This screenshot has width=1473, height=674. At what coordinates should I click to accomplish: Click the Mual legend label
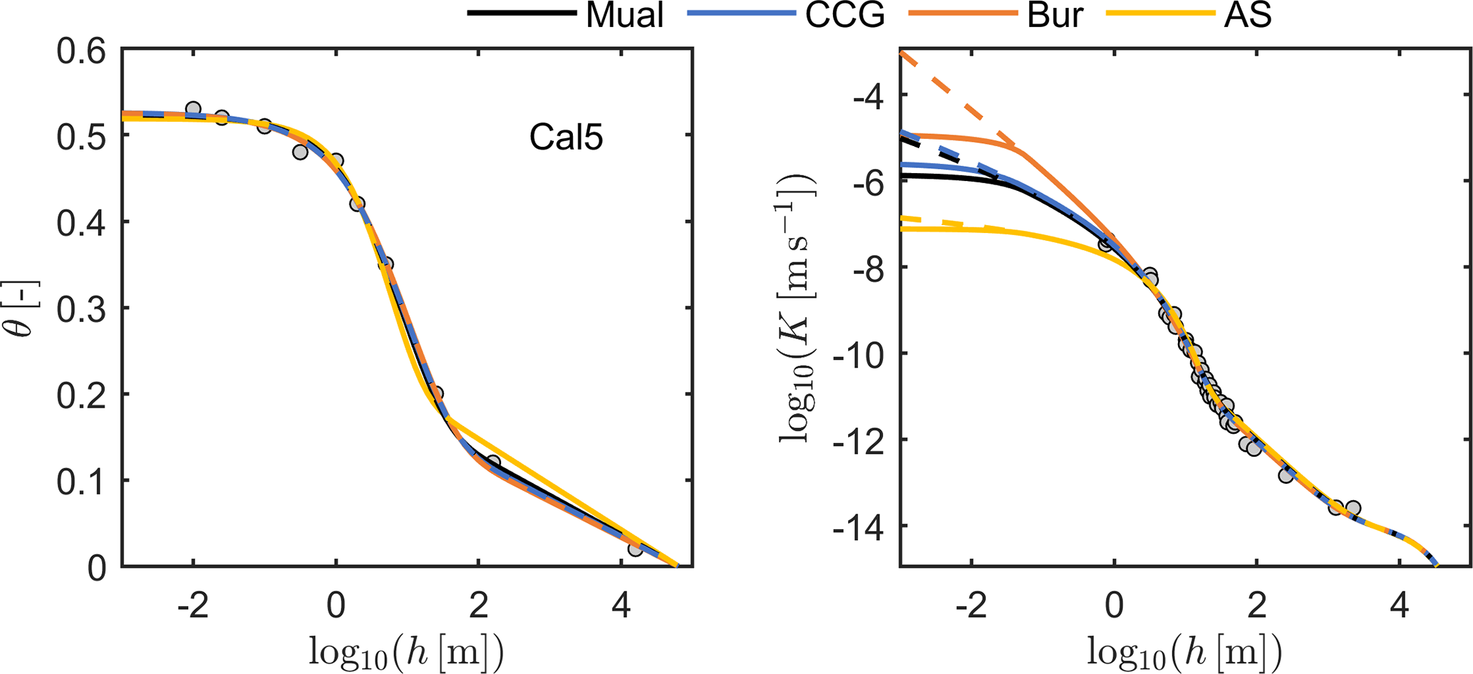(624, 16)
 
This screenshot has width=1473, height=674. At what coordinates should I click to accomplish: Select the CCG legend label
(844, 16)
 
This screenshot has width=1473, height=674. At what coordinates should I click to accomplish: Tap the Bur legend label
(1055, 16)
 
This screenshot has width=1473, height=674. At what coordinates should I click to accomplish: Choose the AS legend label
(1248, 16)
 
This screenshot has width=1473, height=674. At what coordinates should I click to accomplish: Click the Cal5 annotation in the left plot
(566, 138)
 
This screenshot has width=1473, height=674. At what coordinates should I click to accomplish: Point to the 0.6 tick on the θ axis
(84, 51)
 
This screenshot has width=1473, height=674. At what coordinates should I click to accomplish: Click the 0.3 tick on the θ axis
(84, 309)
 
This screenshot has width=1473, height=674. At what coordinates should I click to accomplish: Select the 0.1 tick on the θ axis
(84, 481)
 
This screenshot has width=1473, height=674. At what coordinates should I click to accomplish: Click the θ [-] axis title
(26, 309)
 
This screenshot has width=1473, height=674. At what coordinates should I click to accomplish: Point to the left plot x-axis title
(406, 650)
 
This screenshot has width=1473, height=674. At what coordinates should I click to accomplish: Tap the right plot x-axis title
(1184, 650)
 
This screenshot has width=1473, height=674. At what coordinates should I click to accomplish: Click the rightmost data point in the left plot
(636, 549)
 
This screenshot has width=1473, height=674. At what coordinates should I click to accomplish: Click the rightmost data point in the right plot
(1353, 509)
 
